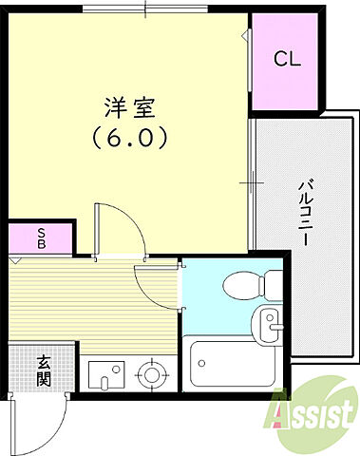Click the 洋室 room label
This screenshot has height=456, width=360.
click(130, 106)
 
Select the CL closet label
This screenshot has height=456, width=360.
click(287, 59)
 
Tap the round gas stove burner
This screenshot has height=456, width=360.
click(150, 374)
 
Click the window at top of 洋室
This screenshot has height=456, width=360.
click(143, 9)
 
